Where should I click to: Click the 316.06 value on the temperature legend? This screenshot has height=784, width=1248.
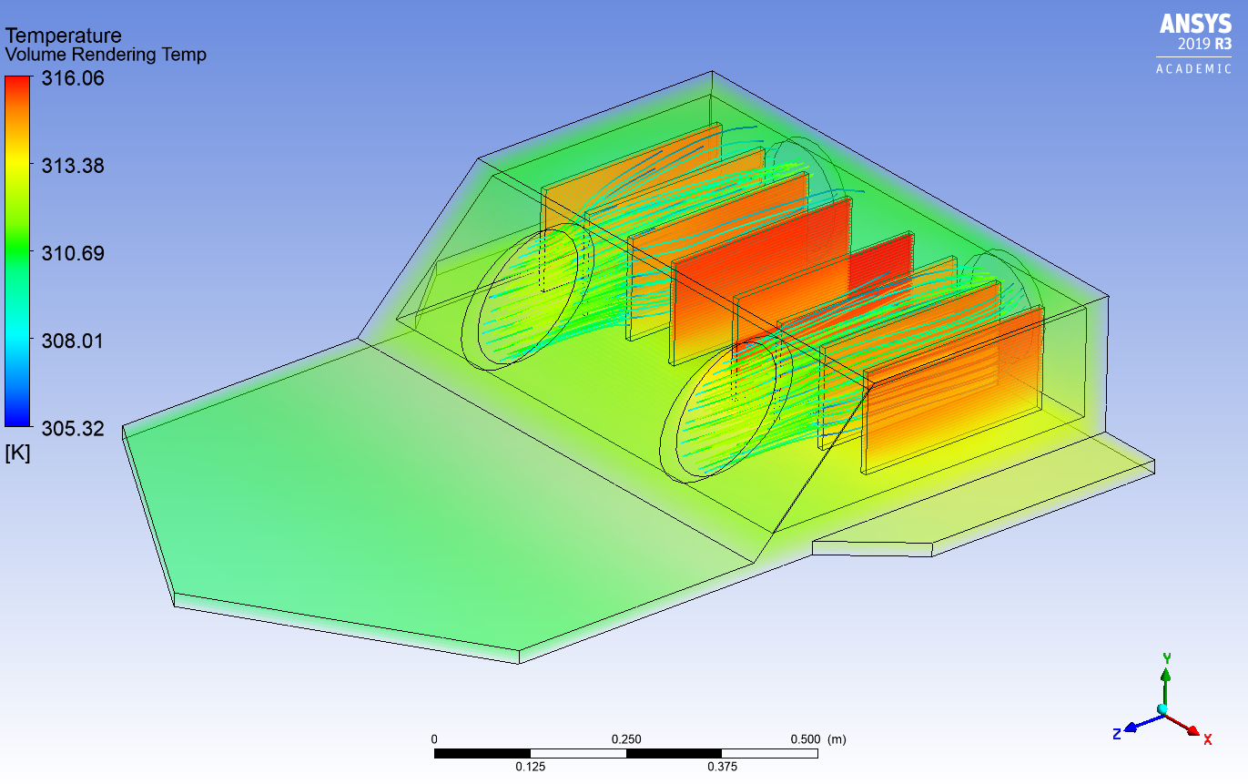[73, 78]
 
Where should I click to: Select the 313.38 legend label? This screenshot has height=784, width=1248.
[73, 166]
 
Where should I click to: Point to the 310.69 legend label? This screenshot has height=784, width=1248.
[73, 253]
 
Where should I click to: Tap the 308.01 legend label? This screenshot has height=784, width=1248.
[73, 341]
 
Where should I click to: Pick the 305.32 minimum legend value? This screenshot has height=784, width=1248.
[73, 429]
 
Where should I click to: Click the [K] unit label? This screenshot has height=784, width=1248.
[17, 453]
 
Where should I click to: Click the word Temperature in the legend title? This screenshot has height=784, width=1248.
[64, 36]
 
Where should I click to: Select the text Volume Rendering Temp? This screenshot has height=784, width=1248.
[106, 55]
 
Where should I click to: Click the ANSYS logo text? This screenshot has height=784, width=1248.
[1195, 24]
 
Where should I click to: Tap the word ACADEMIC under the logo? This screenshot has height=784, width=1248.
[1194, 69]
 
